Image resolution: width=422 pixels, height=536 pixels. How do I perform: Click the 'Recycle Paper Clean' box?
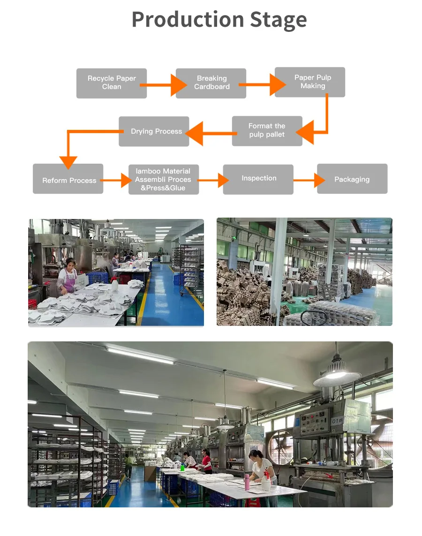coord(112,83)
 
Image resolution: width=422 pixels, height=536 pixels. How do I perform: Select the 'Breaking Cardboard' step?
coord(211,83)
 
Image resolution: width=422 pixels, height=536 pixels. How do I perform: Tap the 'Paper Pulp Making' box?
coord(310,82)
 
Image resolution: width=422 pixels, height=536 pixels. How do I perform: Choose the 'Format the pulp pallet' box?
coord(267,131)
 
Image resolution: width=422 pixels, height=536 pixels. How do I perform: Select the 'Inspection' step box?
coord(258,179)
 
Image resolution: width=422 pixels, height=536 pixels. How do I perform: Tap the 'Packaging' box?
coord(352,179)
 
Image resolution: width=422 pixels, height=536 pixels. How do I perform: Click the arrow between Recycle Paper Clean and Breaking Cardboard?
coord(162,85)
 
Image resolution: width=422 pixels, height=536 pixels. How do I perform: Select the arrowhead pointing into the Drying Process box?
coord(195,133)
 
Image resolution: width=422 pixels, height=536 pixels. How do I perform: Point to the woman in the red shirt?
coord(206,460)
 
